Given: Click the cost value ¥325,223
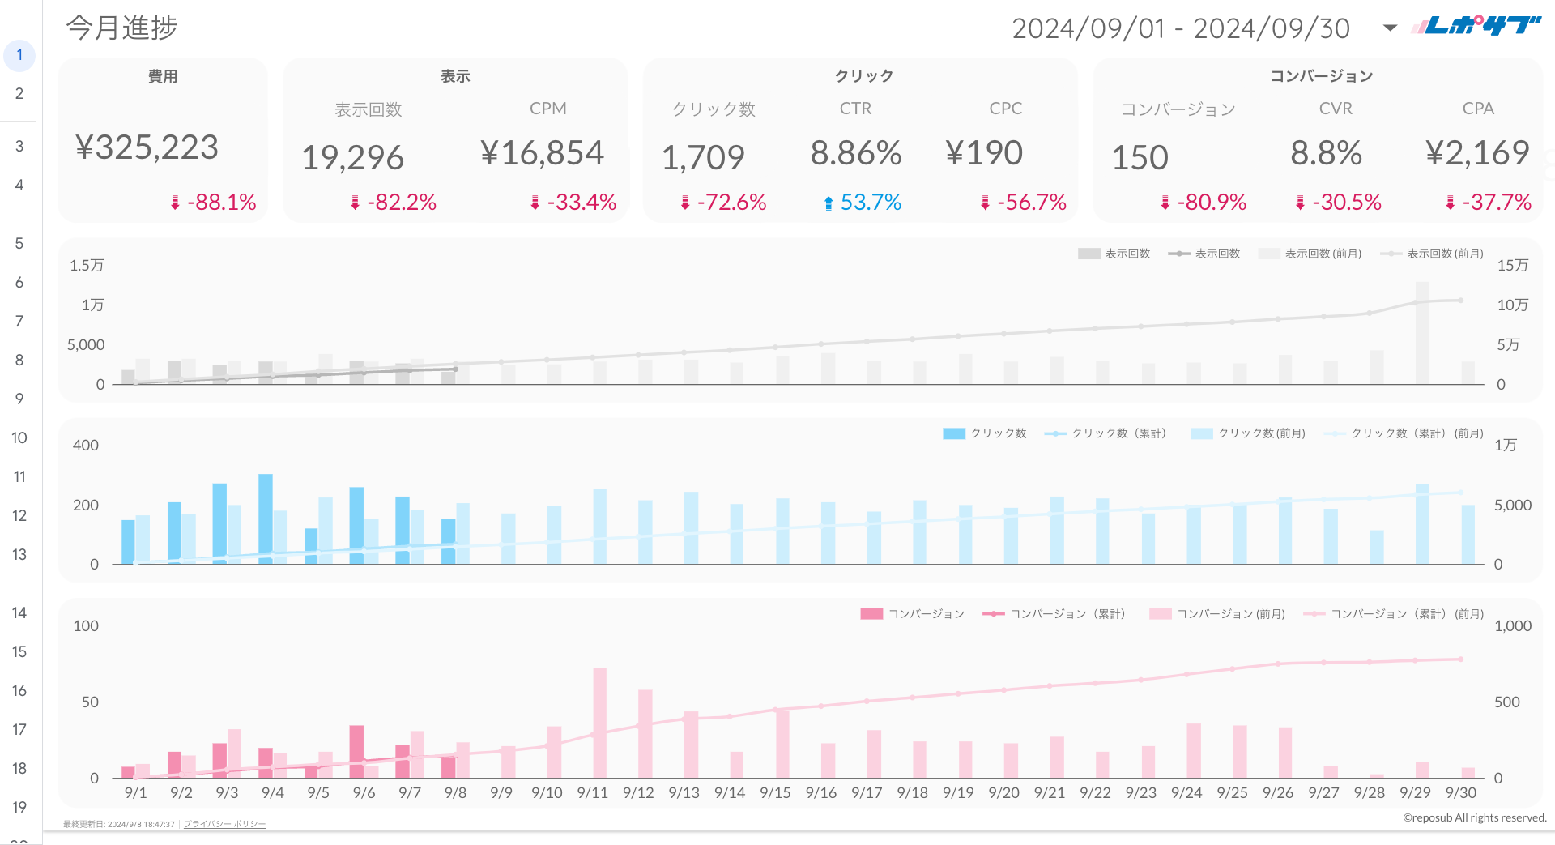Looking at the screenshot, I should point(147,147).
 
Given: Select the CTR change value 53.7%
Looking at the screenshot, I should point(870,203).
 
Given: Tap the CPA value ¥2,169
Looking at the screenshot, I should point(1477,153).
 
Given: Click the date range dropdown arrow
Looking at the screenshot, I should point(1390,28).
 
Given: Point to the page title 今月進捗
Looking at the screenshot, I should point(121,28).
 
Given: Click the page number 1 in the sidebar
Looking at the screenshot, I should point(19,55).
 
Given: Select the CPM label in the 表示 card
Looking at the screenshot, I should point(547,109).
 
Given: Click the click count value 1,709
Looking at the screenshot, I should point(703,157).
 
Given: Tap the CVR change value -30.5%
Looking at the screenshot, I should point(1346,203).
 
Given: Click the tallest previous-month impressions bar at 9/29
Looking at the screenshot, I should point(1421,332).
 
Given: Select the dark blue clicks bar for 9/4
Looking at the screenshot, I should point(266,519).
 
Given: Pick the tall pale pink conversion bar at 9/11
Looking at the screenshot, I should point(599,721).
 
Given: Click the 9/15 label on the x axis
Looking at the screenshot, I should point(775,793).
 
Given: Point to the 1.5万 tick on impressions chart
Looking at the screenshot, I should point(87,266).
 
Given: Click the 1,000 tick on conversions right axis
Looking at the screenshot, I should point(1512,626).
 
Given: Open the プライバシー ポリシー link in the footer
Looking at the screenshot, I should point(224,824).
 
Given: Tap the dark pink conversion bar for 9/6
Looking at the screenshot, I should point(356,751).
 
